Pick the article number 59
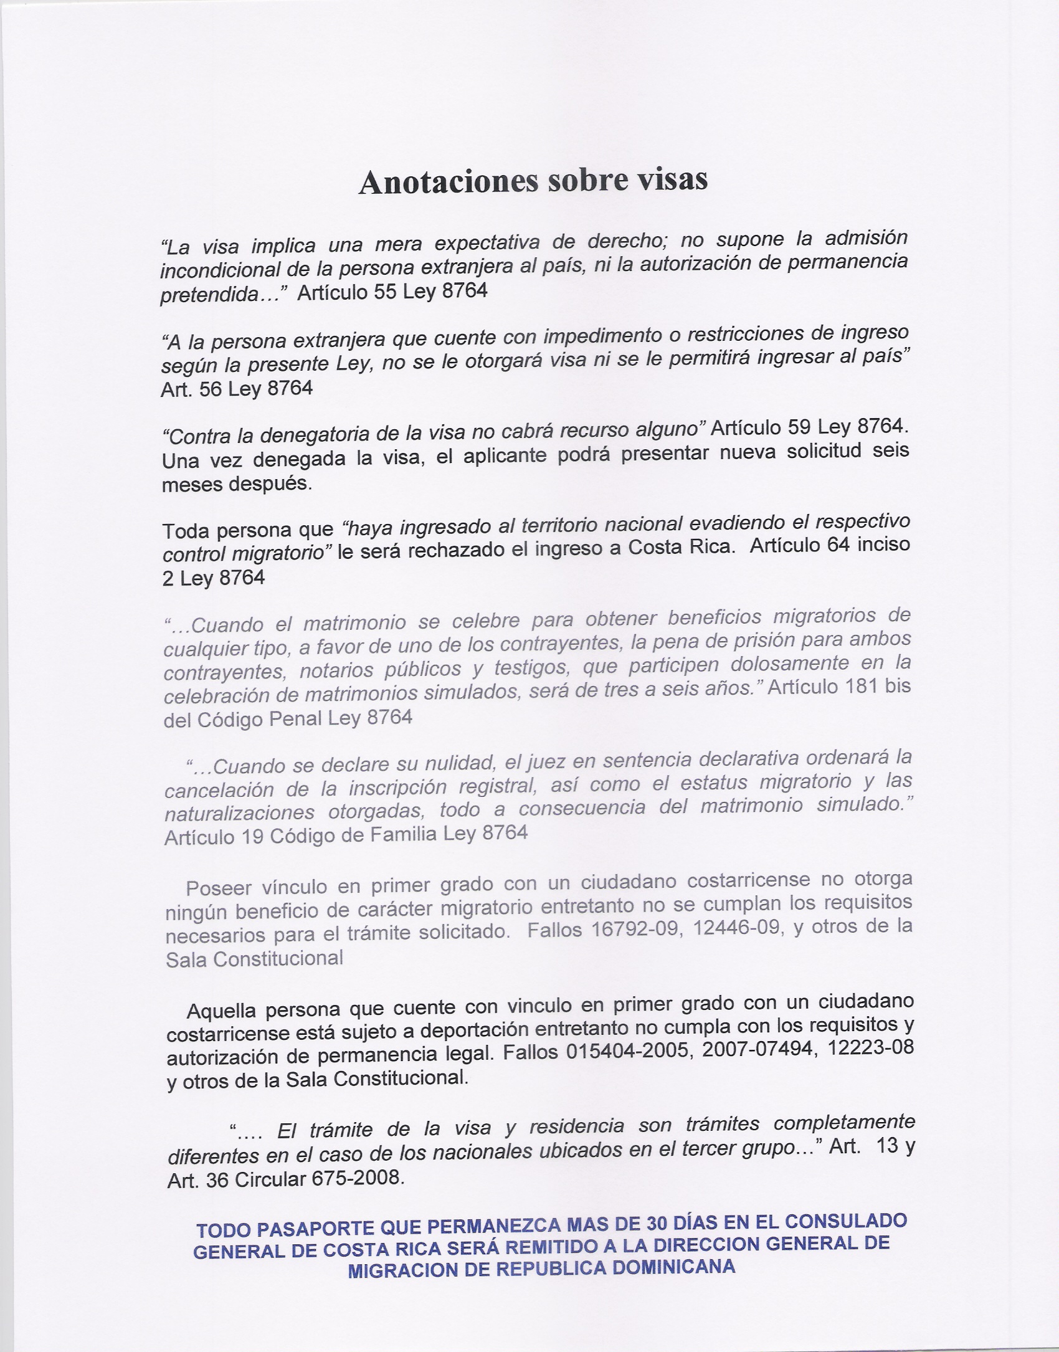click(x=803, y=427)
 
